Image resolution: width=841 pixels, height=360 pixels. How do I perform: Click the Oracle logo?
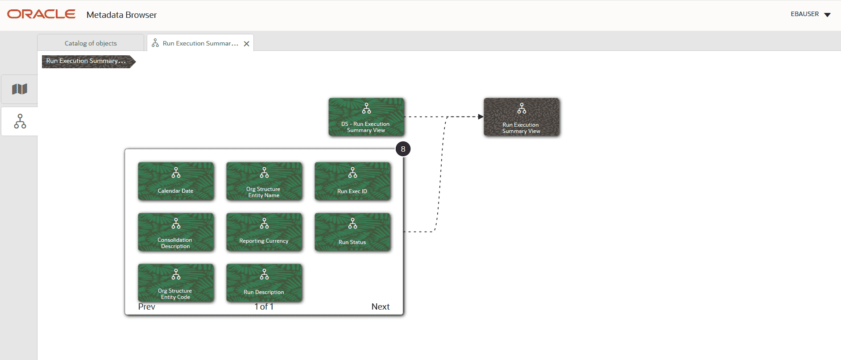(x=41, y=14)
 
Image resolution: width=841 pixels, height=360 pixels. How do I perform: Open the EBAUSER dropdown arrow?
(x=827, y=15)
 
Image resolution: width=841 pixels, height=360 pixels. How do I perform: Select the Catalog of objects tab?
(x=91, y=43)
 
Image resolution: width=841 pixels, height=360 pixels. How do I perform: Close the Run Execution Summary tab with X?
(x=246, y=44)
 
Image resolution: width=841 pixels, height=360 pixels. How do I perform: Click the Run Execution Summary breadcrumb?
(x=86, y=61)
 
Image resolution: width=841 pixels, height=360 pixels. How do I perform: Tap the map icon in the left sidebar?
(x=20, y=89)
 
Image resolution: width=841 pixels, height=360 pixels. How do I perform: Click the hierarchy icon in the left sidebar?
(x=20, y=121)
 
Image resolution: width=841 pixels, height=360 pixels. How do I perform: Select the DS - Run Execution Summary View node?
(x=366, y=117)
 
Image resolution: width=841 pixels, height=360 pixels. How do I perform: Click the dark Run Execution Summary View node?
(x=522, y=117)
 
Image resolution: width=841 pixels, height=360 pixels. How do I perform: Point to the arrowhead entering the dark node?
(x=481, y=117)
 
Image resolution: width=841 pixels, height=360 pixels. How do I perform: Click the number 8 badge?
(x=403, y=149)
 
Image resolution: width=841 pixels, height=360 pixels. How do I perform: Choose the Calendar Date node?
(x=176, y=181)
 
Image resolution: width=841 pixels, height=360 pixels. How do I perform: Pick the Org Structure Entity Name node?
(x=264, y=181)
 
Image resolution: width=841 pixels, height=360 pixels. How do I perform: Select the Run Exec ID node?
(x=352, y=181)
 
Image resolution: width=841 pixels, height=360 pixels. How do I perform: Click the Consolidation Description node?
(x=176, y=232)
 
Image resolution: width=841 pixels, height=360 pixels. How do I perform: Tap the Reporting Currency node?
(x=264, y=232)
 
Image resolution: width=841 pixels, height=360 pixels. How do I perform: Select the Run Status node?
(x=352, y=232)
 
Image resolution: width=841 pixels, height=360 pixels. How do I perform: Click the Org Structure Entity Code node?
(x=176, y=283)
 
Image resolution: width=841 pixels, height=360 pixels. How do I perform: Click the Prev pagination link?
(x=146, y=306)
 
